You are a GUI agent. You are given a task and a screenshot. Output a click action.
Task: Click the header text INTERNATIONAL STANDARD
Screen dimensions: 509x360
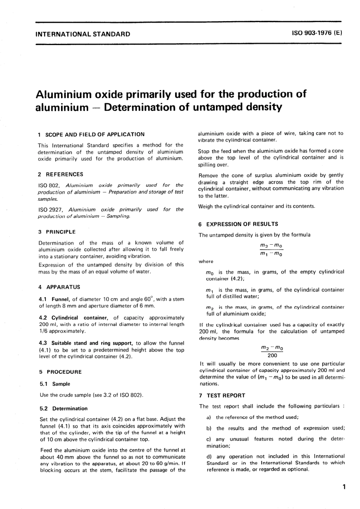pyautogui.click(x=82, y=34)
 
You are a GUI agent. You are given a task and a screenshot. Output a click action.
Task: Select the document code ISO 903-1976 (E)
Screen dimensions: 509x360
pyautogui.click(x=317, y=33)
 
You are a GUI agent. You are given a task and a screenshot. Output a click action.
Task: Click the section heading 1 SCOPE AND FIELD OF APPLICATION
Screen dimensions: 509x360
pyautogui.click(x=91, y=134)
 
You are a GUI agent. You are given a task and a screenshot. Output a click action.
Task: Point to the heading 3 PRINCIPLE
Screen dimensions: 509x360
pyautogui.click(x=57, y=232)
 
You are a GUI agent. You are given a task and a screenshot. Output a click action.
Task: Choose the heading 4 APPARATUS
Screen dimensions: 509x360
pyautogui.click(x=59, y=287)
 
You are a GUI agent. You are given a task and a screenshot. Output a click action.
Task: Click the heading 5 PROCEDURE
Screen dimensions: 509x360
pyautogui.click(x=60, y=372)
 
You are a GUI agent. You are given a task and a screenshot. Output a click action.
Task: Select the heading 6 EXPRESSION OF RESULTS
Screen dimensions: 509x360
pyautogui.click(x=238, y=224)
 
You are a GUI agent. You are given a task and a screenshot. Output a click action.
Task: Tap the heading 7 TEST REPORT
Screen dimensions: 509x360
pyautogui.click(x=222, y=395)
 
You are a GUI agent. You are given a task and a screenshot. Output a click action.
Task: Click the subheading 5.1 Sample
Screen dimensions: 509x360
pyautogui.click(x=55, y=384)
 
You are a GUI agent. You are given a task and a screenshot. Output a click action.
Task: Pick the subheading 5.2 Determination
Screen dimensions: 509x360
pyautogui.click(x=64, y=408)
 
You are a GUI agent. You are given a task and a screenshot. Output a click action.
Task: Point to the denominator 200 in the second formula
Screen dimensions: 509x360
pyautogui.click(x=272, y=355)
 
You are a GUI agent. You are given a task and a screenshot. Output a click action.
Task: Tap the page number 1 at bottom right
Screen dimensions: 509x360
pyautogui.click(x=343, y=487)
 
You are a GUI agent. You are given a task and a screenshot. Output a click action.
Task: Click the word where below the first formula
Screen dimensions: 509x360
pyautogui.click(x=206, y=261)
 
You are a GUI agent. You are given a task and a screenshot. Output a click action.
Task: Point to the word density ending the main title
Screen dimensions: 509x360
pyautogui.click(x=261, y=107)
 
